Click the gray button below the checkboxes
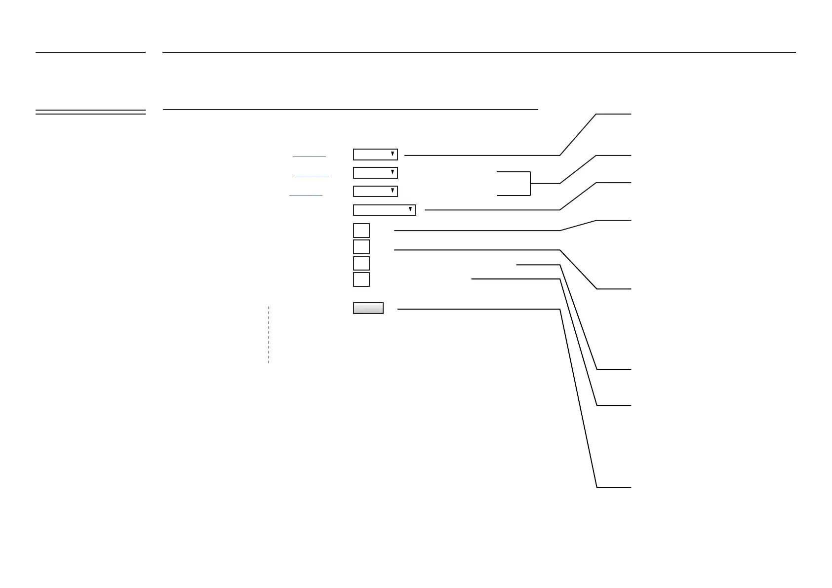[x=368, y=308]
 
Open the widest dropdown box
[x=381, y=210]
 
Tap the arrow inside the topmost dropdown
[x=393, y=154]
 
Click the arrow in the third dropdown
[x=393, y=191]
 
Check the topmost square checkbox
[x=361, y=231]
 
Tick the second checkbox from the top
[x=361, y=247]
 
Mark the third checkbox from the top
[x=361, y=263]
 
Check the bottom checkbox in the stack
[x=361, y=279]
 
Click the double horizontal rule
[x=90, y=112]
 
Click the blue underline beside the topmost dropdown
[x=309, y=157]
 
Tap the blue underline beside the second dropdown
[x=312, y=176]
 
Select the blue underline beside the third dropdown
[x=306, y=196]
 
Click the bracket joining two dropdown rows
[x=530, y=184]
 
